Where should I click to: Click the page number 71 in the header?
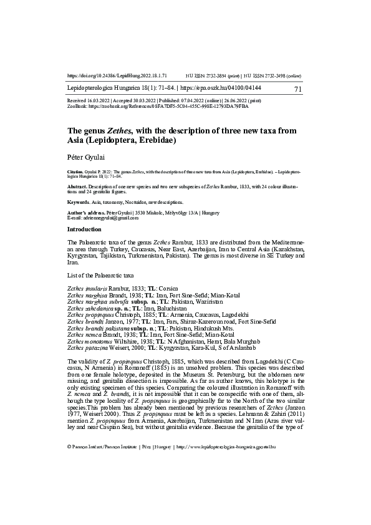pos(297,90)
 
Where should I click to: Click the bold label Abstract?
pos(77,186)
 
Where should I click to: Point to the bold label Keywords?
pos(79,203)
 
